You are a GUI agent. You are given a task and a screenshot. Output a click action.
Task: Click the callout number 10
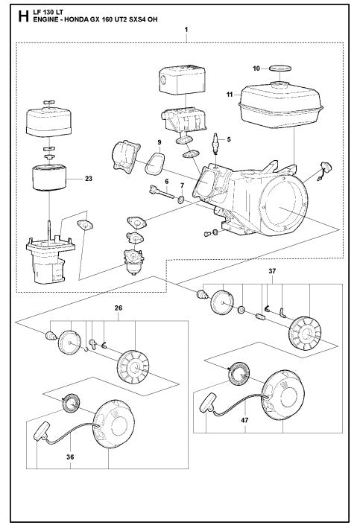pyautogui.click(x=255, y=69)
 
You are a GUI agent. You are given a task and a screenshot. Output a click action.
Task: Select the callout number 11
pyautogui.click(x=228, y=95)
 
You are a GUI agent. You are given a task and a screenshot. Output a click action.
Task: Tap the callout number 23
pyautogui.click(x=88, y=179)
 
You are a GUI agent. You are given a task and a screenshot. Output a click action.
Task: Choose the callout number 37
pyautogui.click(x=273, y=272)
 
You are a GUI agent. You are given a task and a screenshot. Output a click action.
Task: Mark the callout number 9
pyautogui.click(x=159, y=141)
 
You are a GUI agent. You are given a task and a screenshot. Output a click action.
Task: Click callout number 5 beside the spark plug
pyautogui.click(x=229, y=139)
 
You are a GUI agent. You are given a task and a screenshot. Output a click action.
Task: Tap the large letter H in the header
pyautogui.click(x=7, y=10)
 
